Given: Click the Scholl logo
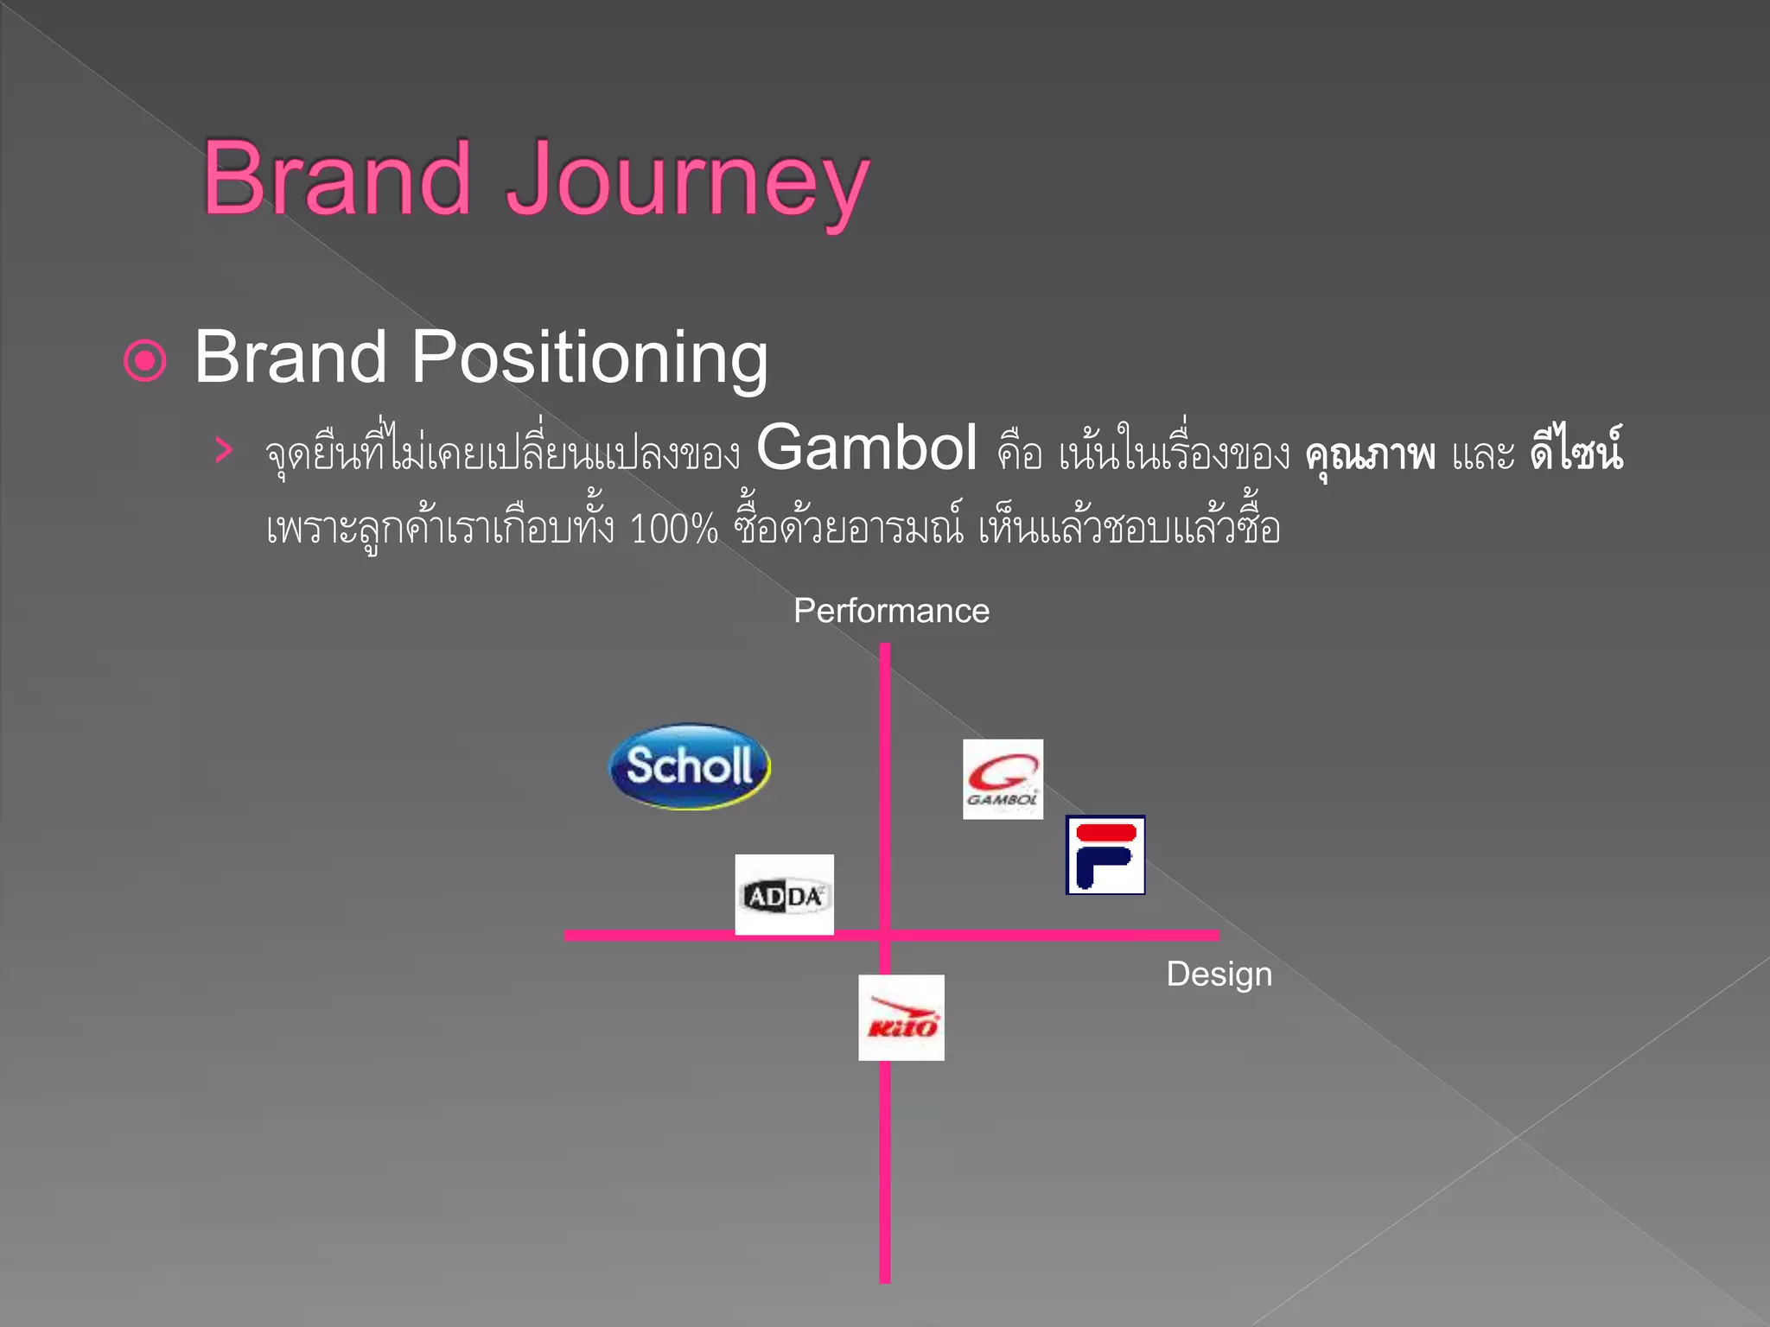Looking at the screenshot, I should (690, 766).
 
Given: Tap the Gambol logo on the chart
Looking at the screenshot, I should (1003, 779).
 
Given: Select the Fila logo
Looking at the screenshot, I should (1105, 854).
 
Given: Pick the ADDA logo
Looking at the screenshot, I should (784, 895).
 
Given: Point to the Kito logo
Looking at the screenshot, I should (901, 1018).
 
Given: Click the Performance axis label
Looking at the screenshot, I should (891, 611).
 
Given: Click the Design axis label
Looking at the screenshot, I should (1219, 975).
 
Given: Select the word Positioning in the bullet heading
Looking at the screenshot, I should (589, 357).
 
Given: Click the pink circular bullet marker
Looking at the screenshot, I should (145, 360).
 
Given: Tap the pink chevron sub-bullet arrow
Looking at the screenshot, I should (224, 450).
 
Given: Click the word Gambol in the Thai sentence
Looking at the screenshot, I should (867, 448).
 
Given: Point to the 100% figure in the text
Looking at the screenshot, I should (674, 529).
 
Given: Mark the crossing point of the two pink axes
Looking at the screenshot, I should (885, 935).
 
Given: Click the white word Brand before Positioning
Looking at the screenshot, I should (290, 357).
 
